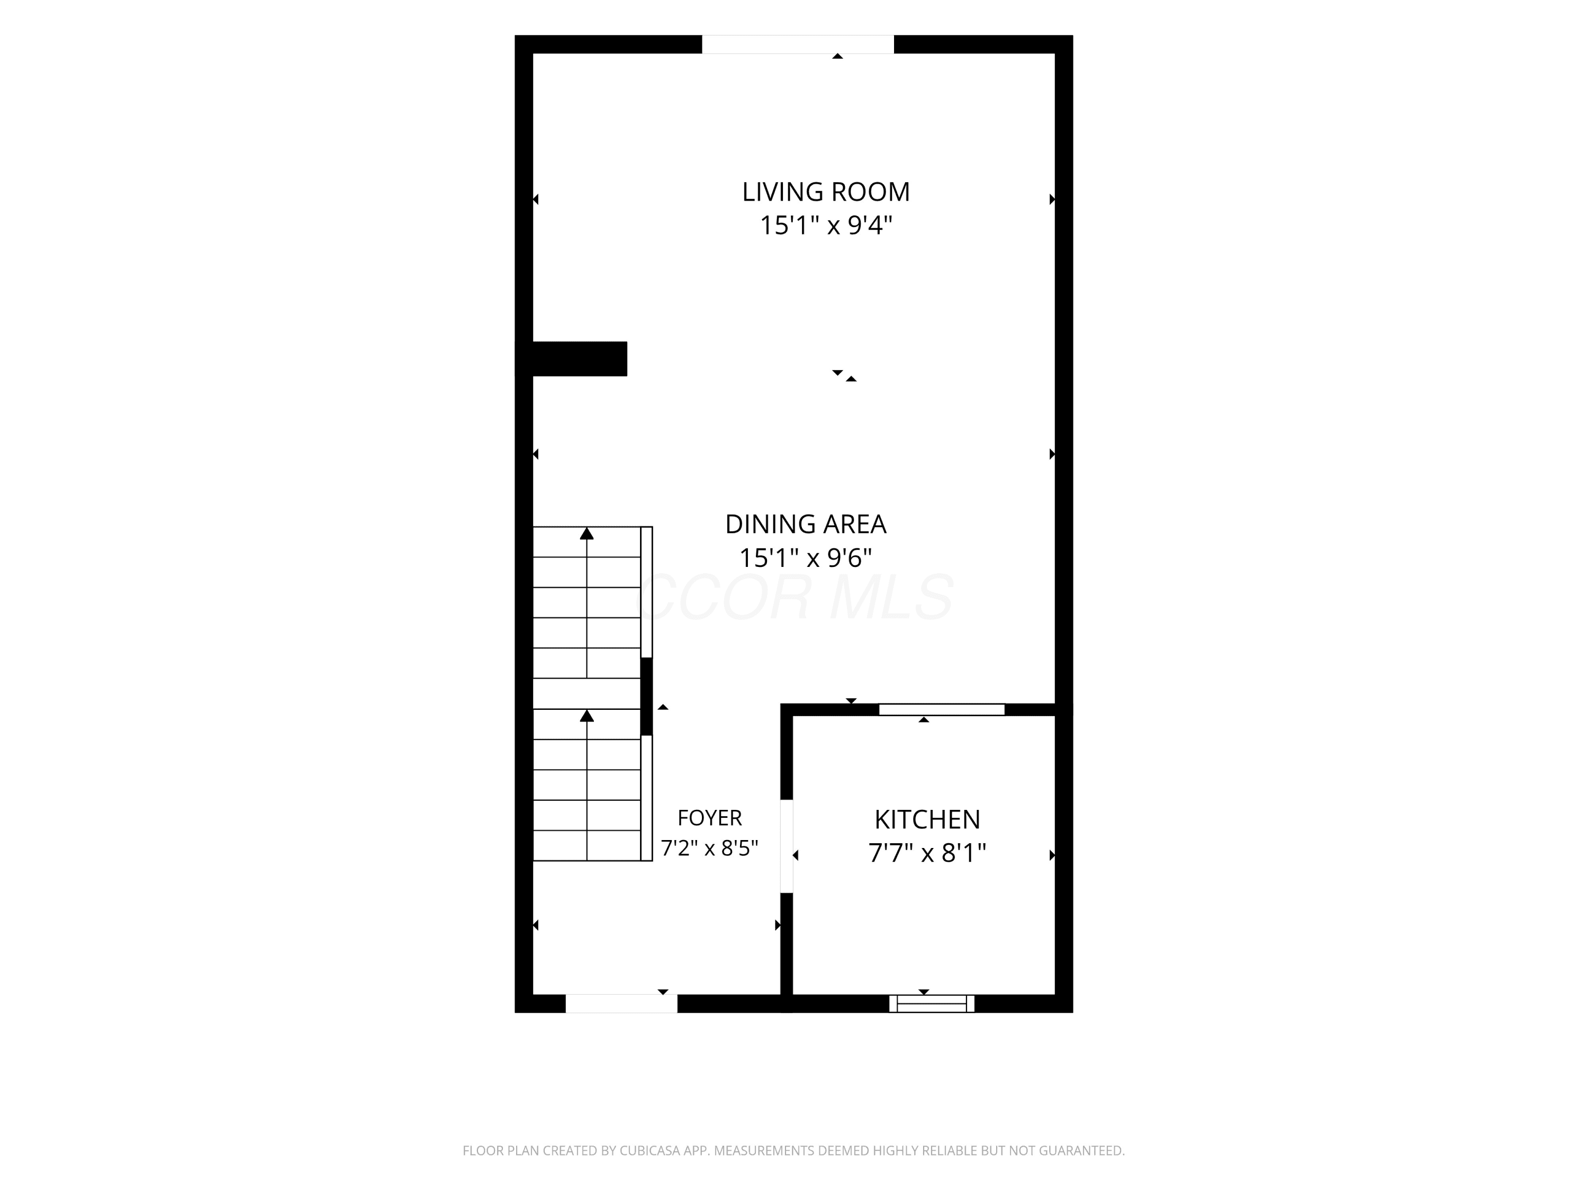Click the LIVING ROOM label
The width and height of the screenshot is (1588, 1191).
click(826, 192)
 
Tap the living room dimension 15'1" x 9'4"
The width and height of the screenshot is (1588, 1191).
click(826, 225)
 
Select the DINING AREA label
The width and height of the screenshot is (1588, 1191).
click(806, 524)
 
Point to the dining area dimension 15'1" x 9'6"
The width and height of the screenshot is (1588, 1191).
click(806, 558)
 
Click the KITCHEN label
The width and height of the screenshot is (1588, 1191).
click(927, 819)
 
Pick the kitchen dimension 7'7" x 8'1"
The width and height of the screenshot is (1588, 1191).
click(927, 853)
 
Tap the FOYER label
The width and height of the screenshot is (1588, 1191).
click(709, 818)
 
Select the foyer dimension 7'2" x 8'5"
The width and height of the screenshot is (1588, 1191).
click(709, 848)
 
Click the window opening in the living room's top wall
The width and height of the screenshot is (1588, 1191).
click(798, 44)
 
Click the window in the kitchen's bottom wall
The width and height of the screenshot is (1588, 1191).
click(932, 1004)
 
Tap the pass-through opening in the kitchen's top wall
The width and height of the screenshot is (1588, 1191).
click(942, 710)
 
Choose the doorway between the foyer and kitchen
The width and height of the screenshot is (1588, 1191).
click(787, 846)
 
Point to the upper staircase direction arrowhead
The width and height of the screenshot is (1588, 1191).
click(587, 534)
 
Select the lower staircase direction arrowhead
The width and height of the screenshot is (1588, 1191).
click(587, 716)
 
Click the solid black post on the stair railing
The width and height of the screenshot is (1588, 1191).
click(646, 697)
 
